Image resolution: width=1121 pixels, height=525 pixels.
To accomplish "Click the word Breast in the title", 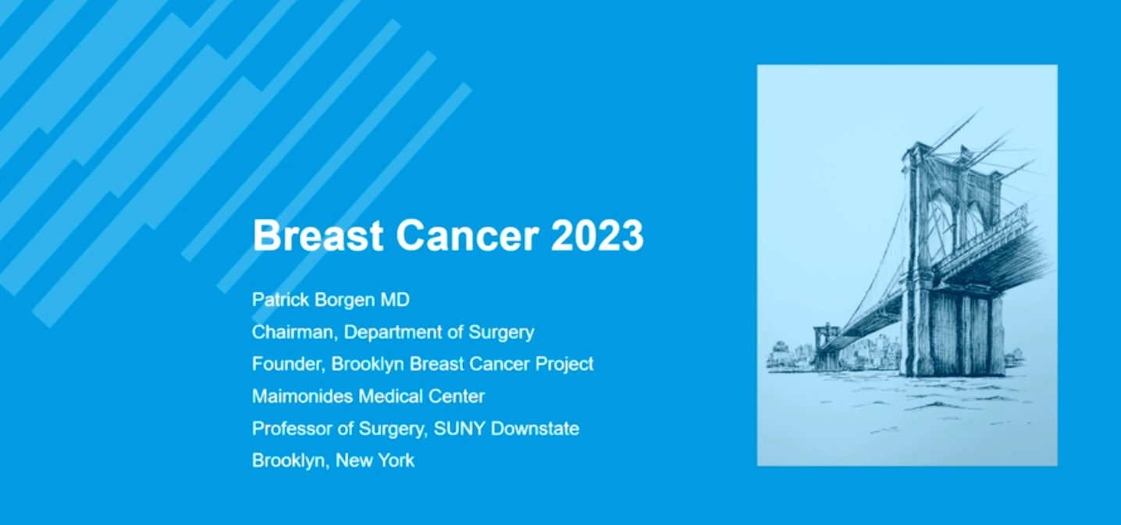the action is coord(318,235).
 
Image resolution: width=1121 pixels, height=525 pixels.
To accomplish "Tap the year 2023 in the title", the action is coord(597,235).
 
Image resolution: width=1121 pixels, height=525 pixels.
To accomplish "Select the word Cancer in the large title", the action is coord(468,235).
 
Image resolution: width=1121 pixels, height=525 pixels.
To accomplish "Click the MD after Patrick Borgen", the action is coord(395,299).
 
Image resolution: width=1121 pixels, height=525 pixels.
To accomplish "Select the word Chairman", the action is coord(294,332).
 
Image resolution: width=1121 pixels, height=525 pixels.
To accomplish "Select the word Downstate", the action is coord(535,428).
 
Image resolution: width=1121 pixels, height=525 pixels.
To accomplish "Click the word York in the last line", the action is coord(396,460).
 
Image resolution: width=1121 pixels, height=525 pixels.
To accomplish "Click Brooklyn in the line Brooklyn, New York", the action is coord(290,461).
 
